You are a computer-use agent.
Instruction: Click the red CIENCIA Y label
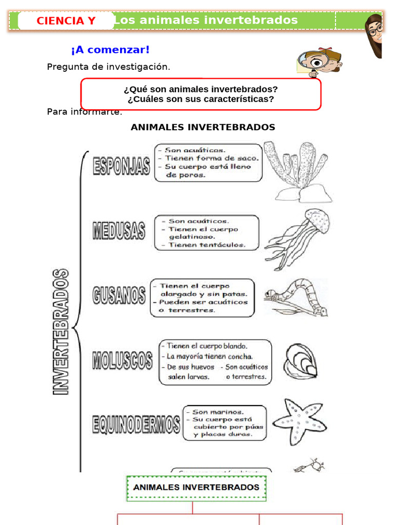coord(66,21)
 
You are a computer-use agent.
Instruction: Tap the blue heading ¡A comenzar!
coord(110,50)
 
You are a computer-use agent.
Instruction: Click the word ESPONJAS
coord(122,167)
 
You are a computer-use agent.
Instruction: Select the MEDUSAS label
coord(119,231)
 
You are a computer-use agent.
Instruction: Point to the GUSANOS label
coord(119,296)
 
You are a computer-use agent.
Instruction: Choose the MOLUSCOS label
coord(122,360)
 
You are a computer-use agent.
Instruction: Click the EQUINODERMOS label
coord(136,425)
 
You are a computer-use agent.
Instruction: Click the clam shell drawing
coord(300,362)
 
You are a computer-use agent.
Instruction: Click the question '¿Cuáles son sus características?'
coord(201,99)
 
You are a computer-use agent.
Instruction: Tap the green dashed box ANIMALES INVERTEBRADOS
coord(196,488)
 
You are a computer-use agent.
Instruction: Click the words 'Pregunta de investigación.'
coord(108,67)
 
